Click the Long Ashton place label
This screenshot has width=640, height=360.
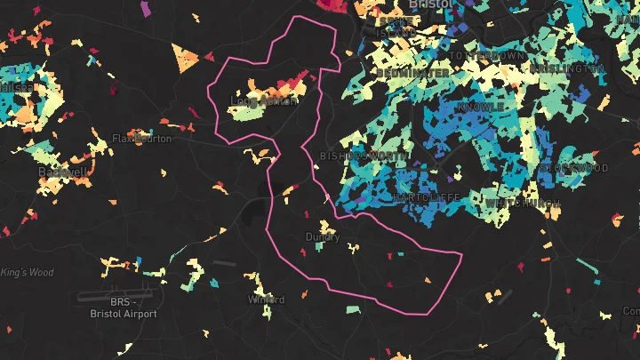[264, 100]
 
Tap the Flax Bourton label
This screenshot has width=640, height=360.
[141, 138]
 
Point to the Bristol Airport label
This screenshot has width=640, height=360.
[123, 308]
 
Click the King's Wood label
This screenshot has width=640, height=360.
[27, 272]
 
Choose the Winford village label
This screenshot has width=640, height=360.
[266, 300]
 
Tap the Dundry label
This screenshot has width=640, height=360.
[322, 237]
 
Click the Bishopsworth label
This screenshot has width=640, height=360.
[364, 156]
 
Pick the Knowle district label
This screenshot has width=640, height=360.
[480, 107]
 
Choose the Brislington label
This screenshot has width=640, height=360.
[567, 68]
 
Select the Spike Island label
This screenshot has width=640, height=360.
[396, 27]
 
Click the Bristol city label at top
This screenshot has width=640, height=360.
[431, 4]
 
